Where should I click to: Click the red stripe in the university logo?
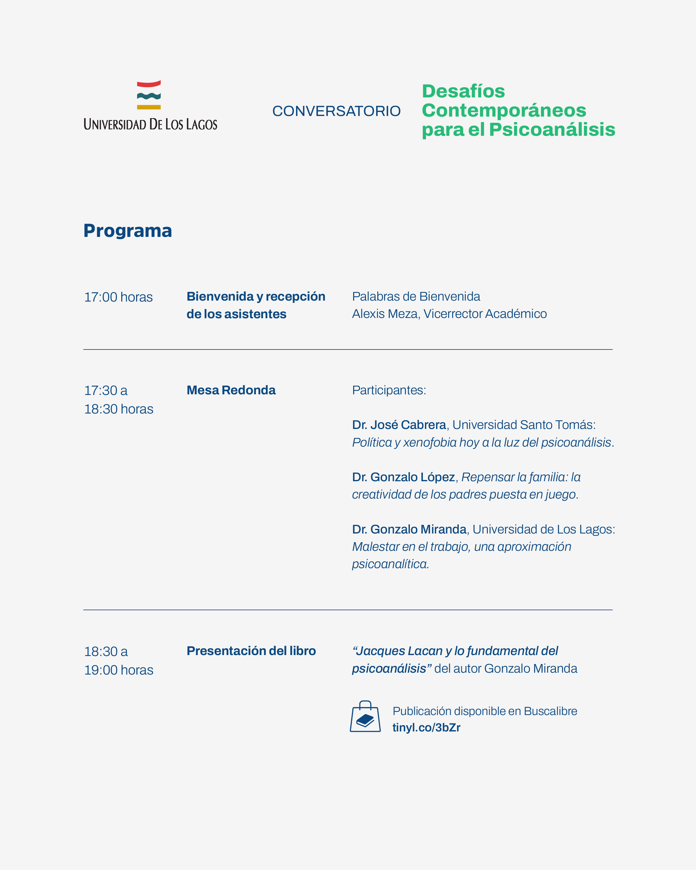click(x=148, y=84)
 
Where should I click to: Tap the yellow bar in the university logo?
click(x=148, y=107)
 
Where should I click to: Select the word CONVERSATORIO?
click(x=336, y=111)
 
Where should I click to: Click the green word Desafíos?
click(x=463, y=91)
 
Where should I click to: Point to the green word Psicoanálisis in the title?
click(x=552, y=130)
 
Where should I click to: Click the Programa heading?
click(x=127, y=231)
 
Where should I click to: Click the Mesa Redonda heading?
click(x=231, y=390)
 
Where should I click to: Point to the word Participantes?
click(x=389, y=390)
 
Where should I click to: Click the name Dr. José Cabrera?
click(x=399, y=425)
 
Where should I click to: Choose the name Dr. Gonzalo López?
click(x=403, y=477)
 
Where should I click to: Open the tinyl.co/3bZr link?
click(x=426, y=727)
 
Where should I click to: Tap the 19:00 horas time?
click(x=119, y=670)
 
